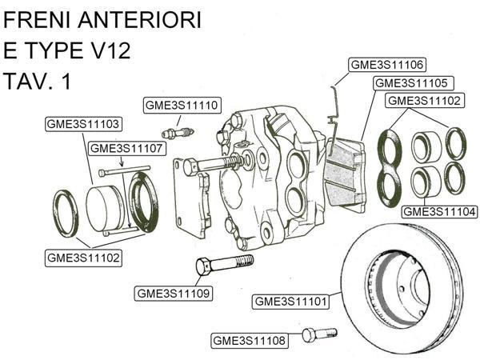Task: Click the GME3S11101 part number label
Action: tap(290, 302)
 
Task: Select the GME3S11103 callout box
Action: tap(83, 124)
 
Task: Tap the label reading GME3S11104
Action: tap(439, 211)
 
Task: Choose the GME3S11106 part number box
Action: tap(386, 65)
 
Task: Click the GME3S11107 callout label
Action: tap(127, 148)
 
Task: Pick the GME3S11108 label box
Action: tap(249, 341)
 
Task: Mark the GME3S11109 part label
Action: tap(173, 294)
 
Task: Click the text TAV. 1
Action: tap(38, 82)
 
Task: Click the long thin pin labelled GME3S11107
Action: tap(124, 170)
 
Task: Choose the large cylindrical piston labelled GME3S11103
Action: tap(106, 210)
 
